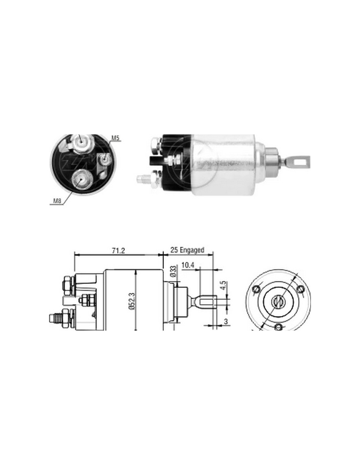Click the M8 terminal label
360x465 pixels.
point(56,201)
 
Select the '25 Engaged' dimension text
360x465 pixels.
point(187,250)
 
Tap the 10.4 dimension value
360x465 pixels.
point(188,265)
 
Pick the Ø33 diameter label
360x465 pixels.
point(174,271)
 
